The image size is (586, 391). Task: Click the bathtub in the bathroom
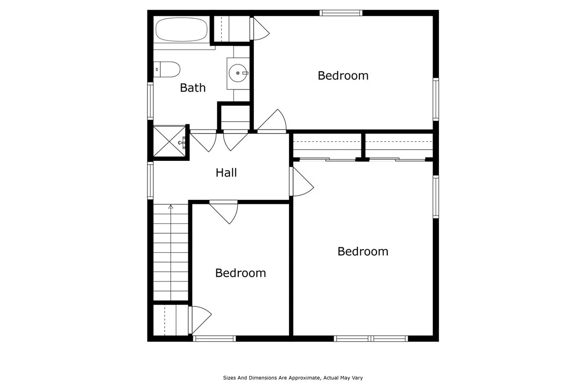pos(181,30)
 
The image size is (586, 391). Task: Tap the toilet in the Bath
pos(167,69)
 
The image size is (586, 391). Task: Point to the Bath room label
pos(193,88)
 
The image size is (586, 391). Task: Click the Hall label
pos(227,173)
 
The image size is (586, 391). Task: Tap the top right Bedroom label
pos(343,76)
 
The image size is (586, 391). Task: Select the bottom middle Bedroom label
pos(241,273)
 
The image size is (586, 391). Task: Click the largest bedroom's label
pos(363,251)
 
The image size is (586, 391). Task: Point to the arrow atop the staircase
pos(170,207)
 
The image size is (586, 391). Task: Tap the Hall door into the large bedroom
pos(302,182)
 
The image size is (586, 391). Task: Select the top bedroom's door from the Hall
pos(272,122)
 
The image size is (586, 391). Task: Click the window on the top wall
pos(341,13)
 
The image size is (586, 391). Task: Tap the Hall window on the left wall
pos(150,181)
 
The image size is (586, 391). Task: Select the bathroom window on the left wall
pos(150,101)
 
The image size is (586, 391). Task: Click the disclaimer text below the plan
pos(293,377)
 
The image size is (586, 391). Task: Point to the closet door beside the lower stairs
pos(201,320)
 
